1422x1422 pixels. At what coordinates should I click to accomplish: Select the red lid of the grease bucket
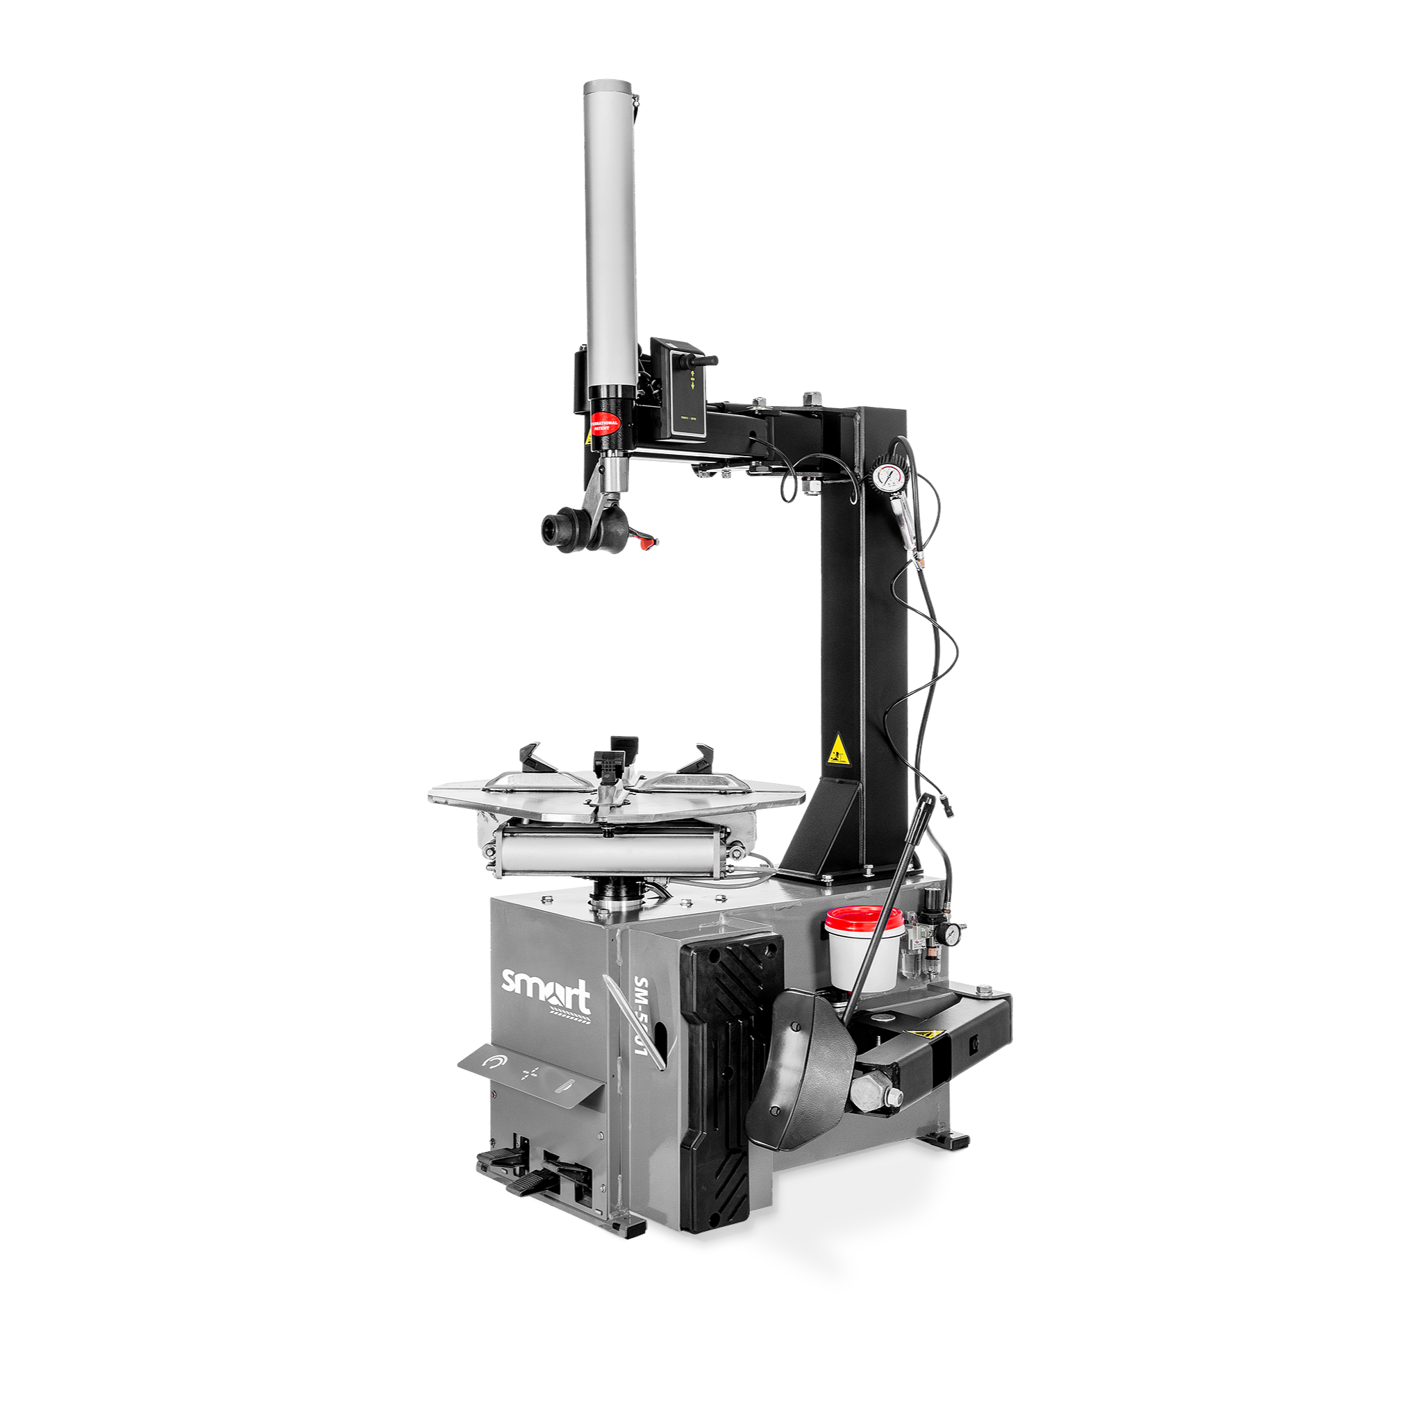coord(863,918)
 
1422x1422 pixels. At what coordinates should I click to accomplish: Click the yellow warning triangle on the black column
coord(836,750)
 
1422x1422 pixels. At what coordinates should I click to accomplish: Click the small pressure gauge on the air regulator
coord(953,933)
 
